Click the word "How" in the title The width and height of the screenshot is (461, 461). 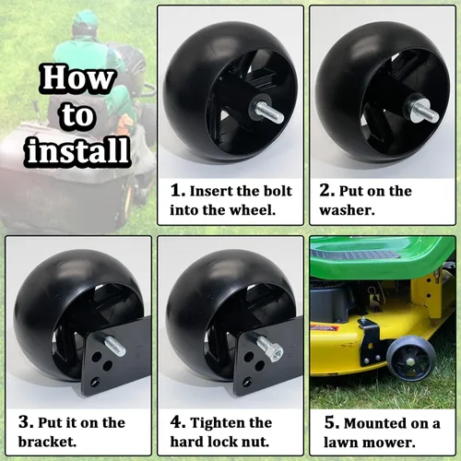(x=77, y=77)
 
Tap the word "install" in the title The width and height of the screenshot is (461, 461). (x=78, y=150)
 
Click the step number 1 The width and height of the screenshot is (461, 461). (x=177, y=190)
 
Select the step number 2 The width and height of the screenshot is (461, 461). (x=326, y=190)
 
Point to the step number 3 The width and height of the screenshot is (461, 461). (x=26, y=421)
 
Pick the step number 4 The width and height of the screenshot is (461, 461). (x=178, y=422)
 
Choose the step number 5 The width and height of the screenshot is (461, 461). (x=332, y=422)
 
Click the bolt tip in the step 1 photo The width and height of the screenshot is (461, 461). (x=278, y=116)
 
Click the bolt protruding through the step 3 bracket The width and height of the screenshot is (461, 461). (x=115, y=346)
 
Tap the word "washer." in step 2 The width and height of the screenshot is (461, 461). (x=347, y=210)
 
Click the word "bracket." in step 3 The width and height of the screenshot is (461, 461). (x=47, y=442)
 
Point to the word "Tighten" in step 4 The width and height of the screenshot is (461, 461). (x=231, y=423)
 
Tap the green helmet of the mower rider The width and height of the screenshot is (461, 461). (x=86, y=19)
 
